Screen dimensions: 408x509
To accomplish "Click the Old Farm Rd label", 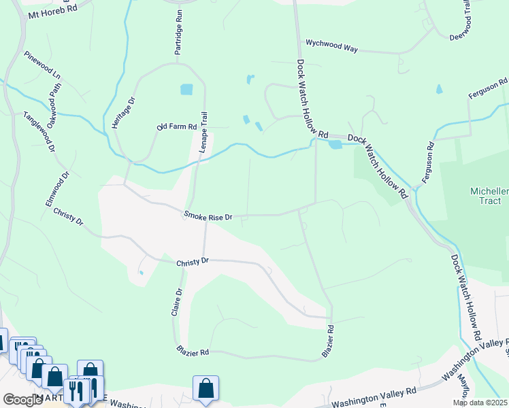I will pyautogui.click(x=176, y=126).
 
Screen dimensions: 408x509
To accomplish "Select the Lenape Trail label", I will pyautogui.click(x=202, y=131).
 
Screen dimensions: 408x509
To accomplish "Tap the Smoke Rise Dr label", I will pyautogui.click(x=208, y=216).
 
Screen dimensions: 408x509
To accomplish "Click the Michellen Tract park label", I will pyautogui.click(x=489, y=196).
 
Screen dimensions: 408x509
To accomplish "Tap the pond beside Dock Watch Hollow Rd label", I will pyautogui.click(x=335, y=144).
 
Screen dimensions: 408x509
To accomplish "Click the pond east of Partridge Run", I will pyautogui.click(x=186, y=89).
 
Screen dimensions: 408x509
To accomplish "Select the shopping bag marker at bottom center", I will pyautogui.click(x=206, y=388).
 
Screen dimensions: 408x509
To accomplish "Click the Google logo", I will pyautogui.click(x=22, y=400).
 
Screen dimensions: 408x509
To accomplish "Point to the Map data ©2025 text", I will pyautogui.click(x=480, y=403).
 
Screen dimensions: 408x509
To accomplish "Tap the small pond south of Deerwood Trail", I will pyautogui.click(x=439, y=89).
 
